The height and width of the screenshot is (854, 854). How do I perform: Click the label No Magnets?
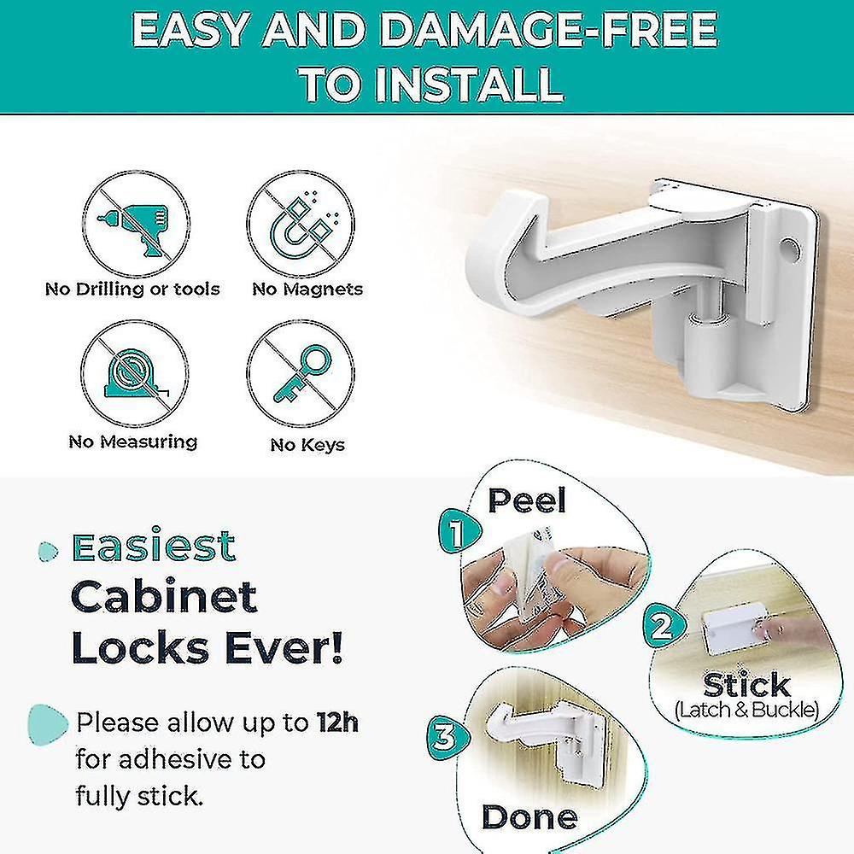[307, 290]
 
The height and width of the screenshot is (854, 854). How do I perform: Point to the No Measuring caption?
[132, 442]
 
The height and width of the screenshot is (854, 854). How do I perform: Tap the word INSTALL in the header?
[473, 85]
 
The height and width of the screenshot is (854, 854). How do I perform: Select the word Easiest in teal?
[154, 547]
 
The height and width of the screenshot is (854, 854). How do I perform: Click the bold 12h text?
[336, 723]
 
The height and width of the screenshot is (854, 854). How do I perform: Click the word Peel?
[527, 500]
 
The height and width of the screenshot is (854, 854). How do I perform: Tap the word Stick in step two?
[746, 685]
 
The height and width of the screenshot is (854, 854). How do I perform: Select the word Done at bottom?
[529, 816]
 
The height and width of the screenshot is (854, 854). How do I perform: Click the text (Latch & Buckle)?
[746, 710]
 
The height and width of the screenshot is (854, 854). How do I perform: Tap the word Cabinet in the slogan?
[164, 595]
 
